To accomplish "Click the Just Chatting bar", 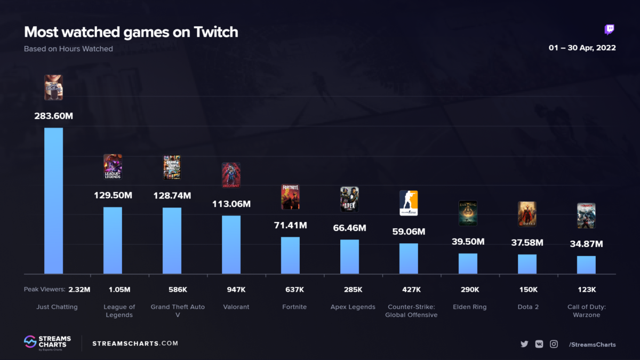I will pos(53,201).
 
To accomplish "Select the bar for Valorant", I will pos(231,244).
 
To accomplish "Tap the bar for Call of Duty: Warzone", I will pos(586,265).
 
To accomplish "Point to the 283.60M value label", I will pos(53,116).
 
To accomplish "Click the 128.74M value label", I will pos(172,196).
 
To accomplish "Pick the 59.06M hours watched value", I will pos(409,232).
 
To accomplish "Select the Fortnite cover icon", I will pos(290,197).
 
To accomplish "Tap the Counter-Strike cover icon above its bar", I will pos(409,203).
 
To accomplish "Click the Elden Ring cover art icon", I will pos(468,213).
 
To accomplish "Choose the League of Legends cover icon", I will pos(113,167).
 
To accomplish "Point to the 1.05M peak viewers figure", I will pos(119,290).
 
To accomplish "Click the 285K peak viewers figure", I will pos(353,290).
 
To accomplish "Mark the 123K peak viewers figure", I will pos(587,290).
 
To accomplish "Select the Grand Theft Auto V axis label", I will pos(178,310).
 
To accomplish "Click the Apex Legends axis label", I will pos(353,307).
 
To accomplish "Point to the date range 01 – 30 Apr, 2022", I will pos(582,48).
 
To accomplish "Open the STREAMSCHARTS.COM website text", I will pos(135,343).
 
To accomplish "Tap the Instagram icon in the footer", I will pos(554,344).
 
